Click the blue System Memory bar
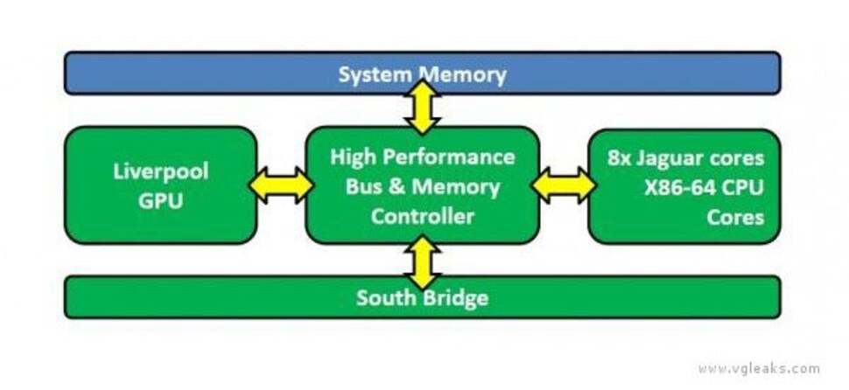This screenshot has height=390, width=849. coord(219,73)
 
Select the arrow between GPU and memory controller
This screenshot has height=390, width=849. coord(281,185)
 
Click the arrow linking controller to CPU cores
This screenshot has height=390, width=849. coord(563,185)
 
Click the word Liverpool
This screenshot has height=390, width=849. coord(161,171)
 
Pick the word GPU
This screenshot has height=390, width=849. coord(161,199)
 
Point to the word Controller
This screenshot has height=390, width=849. coord(422,216)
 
